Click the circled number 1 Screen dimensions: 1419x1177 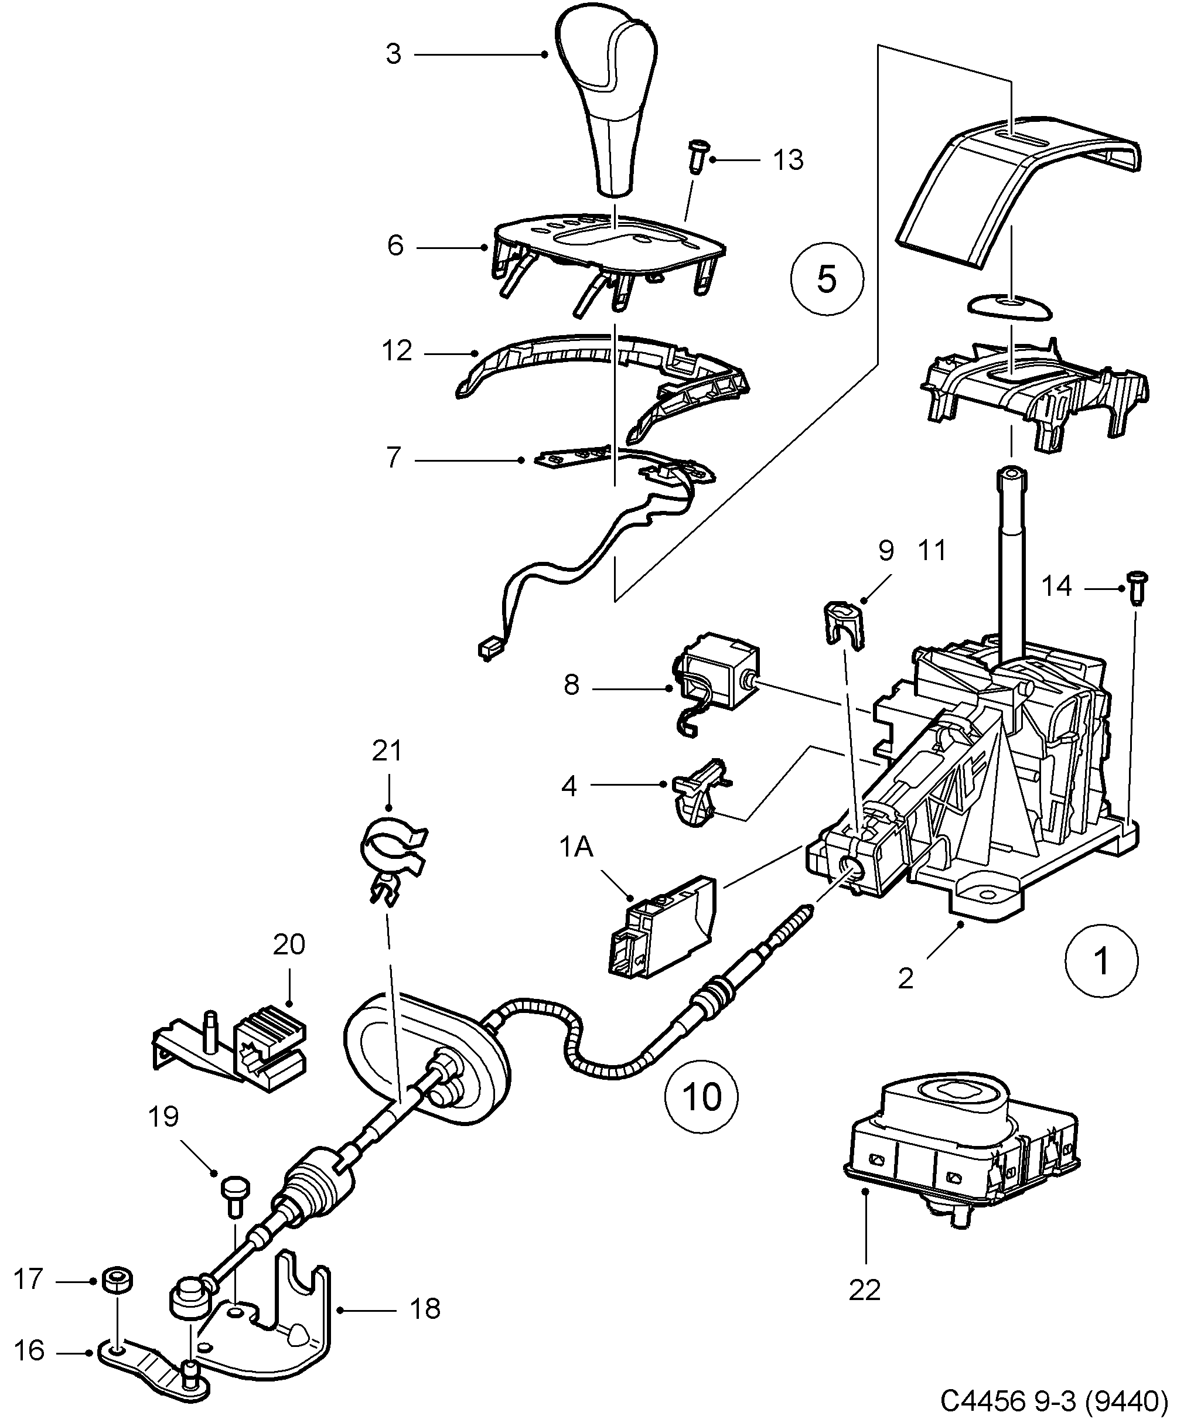coord(1101,960)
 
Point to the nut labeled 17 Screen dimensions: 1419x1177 coord(117,1279)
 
